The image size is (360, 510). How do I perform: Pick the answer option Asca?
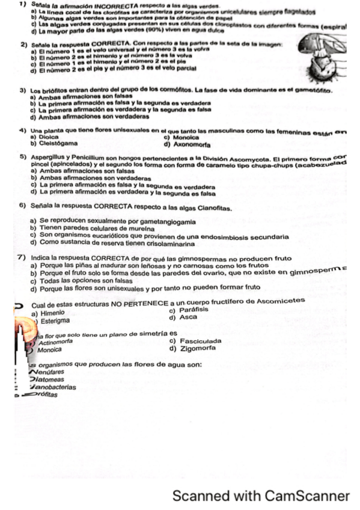tap(187, 316)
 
